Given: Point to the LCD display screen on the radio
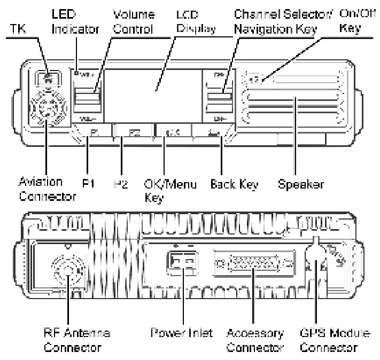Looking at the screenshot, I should pos(153,93).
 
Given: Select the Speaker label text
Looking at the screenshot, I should pos(300,185).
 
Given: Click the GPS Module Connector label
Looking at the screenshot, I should pos(335,341).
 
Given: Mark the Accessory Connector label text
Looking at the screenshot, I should pos(255,341).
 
